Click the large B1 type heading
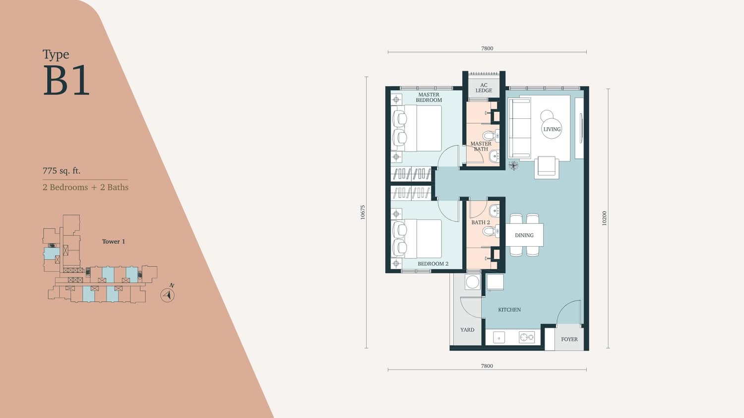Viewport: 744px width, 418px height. click(66, 80)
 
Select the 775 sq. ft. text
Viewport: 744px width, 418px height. click(62, 171)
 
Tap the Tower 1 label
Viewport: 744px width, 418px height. click(114, 242)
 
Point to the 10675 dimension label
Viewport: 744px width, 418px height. click(363, 212)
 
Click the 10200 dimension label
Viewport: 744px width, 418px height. click(604, 218)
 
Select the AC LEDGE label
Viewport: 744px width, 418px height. click(484, 88)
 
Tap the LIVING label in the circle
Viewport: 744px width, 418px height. click(552, 129)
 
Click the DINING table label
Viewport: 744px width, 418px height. click(524, 235)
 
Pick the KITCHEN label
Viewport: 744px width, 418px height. click(509, 310)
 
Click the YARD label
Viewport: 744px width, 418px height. click(467, 330)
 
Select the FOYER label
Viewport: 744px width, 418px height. click(569, 339)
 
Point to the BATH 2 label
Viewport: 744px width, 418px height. click(481, 222)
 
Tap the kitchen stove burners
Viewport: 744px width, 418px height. click(527, 338)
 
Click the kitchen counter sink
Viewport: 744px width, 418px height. click(499, 338)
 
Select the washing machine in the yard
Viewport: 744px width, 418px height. click(472, 282)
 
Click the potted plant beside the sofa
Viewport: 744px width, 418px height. click(513, 165)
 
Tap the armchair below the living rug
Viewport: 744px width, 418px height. click(547, 167)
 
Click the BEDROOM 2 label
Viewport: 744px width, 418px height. click(433, 264)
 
